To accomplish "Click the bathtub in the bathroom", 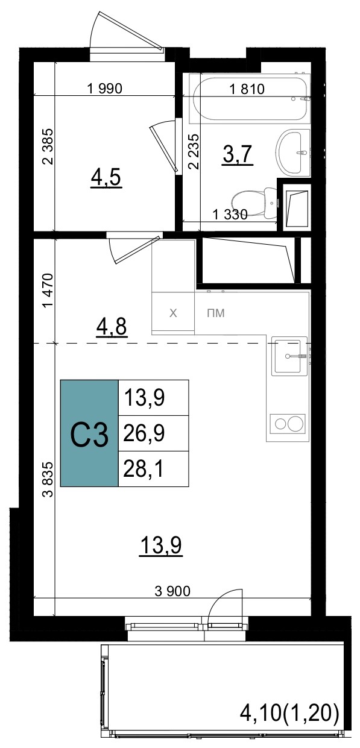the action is pos(250,99).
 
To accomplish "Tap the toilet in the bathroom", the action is pos(254,201).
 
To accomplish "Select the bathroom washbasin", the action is pos(293,152).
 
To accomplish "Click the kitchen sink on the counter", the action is pos(289,356).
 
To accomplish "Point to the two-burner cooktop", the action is pos(288,424).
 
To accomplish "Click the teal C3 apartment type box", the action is pos(89,433).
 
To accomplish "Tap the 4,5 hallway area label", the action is pos(106,178).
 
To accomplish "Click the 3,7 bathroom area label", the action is pos(238,155).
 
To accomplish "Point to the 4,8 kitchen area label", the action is pos(112,327).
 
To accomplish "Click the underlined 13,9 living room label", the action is pos(161,545).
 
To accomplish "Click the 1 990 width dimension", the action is pos(104,89).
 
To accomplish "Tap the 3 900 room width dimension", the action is pos(172,591).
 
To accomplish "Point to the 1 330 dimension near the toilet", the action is pos(230,215).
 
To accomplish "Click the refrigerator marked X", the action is pos(173,313).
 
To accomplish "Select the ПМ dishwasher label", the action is pos(216,313).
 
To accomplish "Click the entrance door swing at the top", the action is pos(127,32).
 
